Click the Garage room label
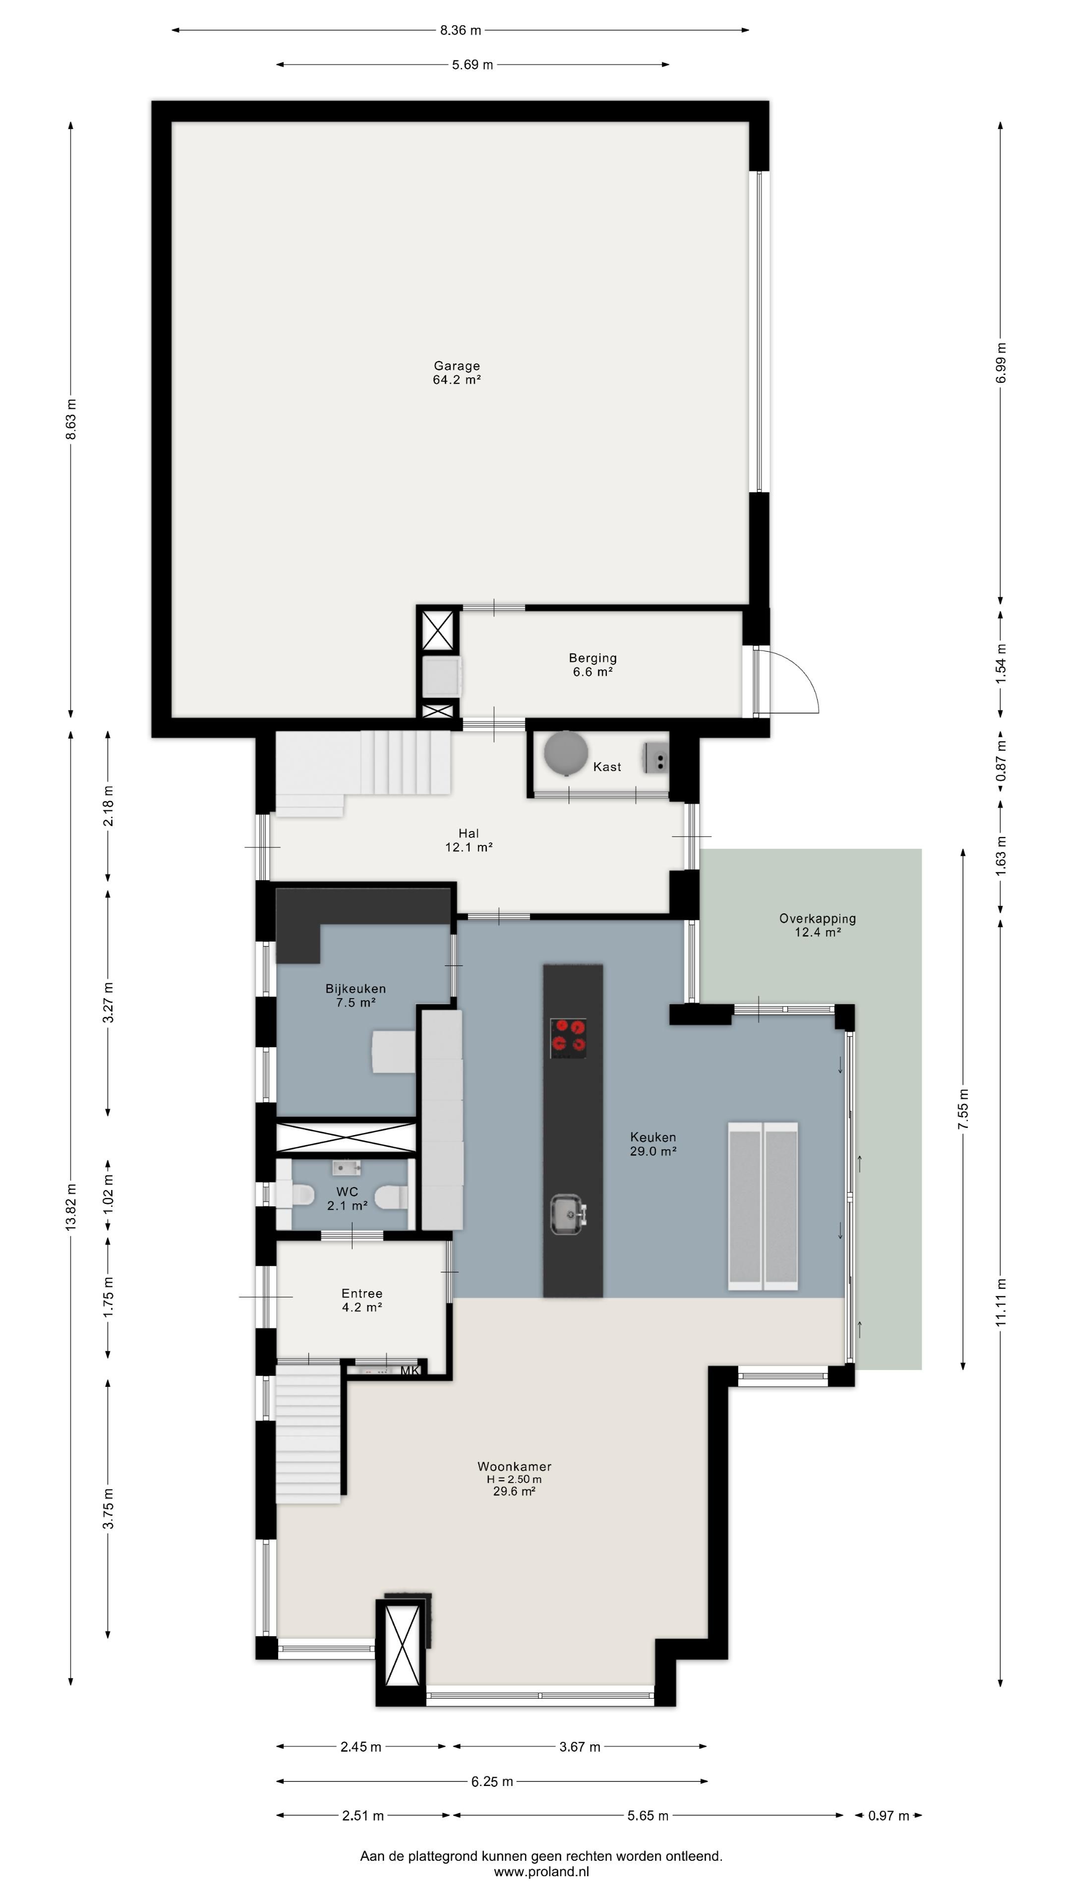[x=457, y=366]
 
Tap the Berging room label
[x=593, y=658]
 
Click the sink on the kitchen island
[x=568, y=1214]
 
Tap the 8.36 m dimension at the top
[x=461, y=30]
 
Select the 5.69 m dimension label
[x=473, y=65]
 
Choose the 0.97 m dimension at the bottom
[x=889, y=1815]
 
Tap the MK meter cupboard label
[x=410, y=1371]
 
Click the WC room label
[x=348, y=1191]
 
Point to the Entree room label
[x=362, y=1294]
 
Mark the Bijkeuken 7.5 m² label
[x=356, y=996]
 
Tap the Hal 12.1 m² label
[x=469, y=840]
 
